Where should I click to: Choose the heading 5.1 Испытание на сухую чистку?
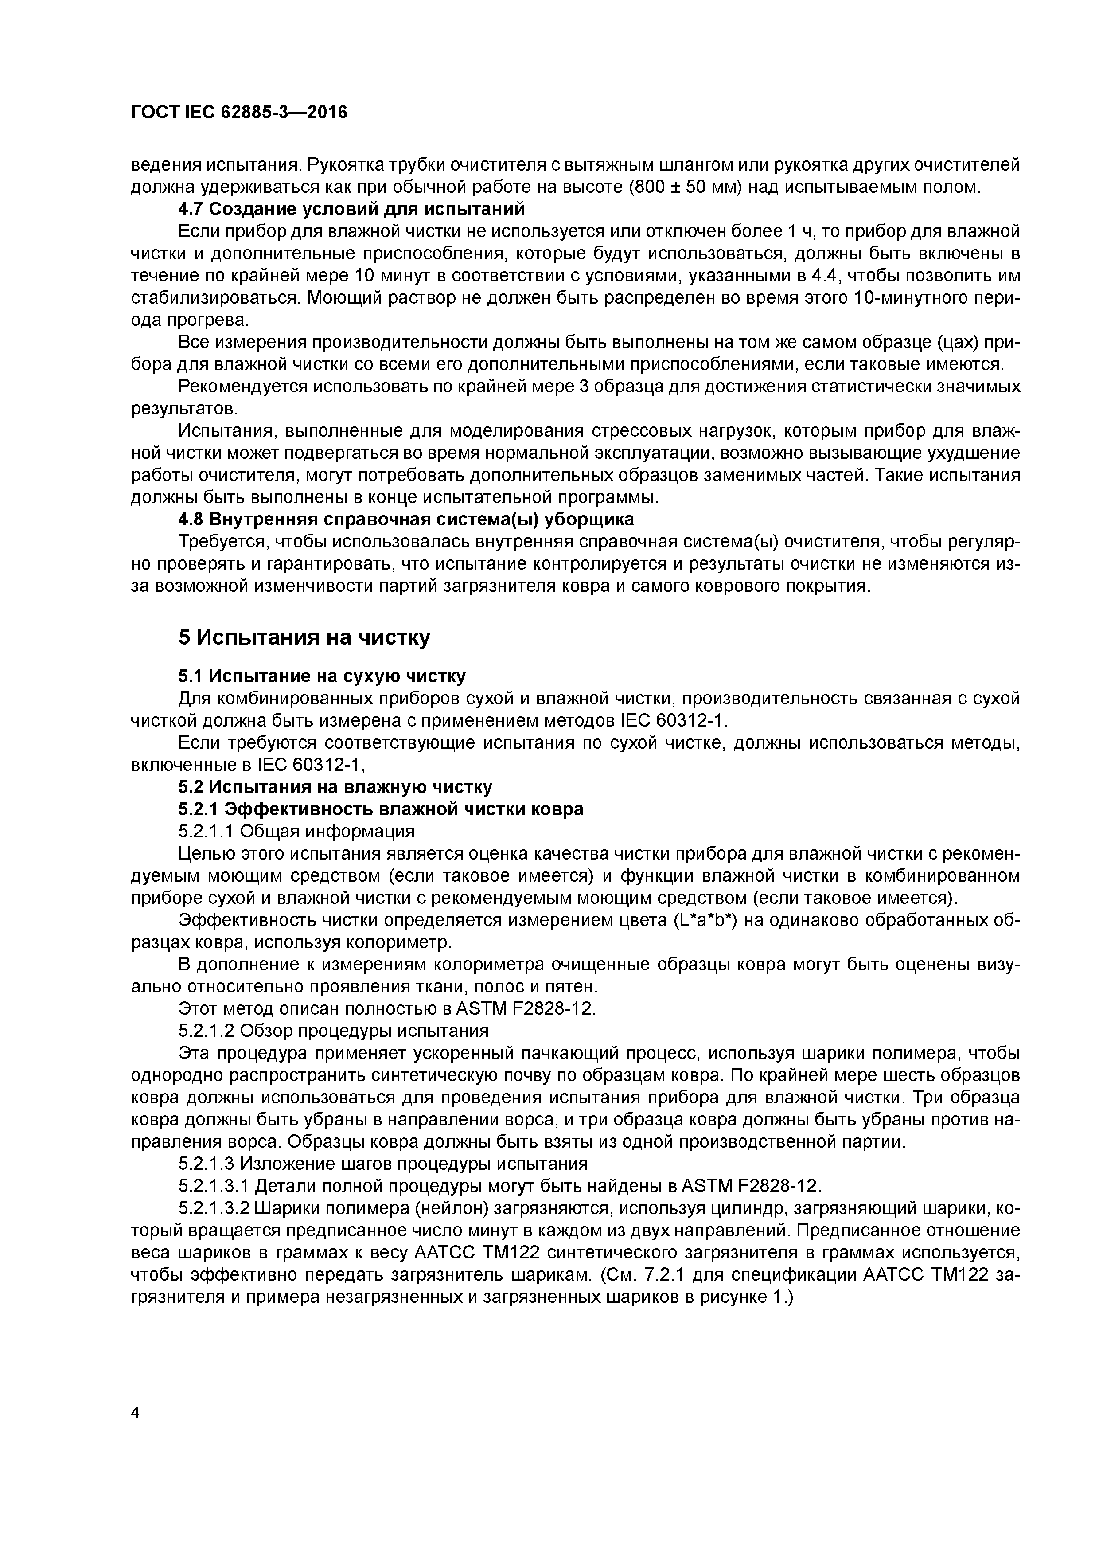[322, 676]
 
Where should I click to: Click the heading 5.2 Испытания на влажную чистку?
[335, 787]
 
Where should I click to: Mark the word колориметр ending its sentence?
[398, 942]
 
